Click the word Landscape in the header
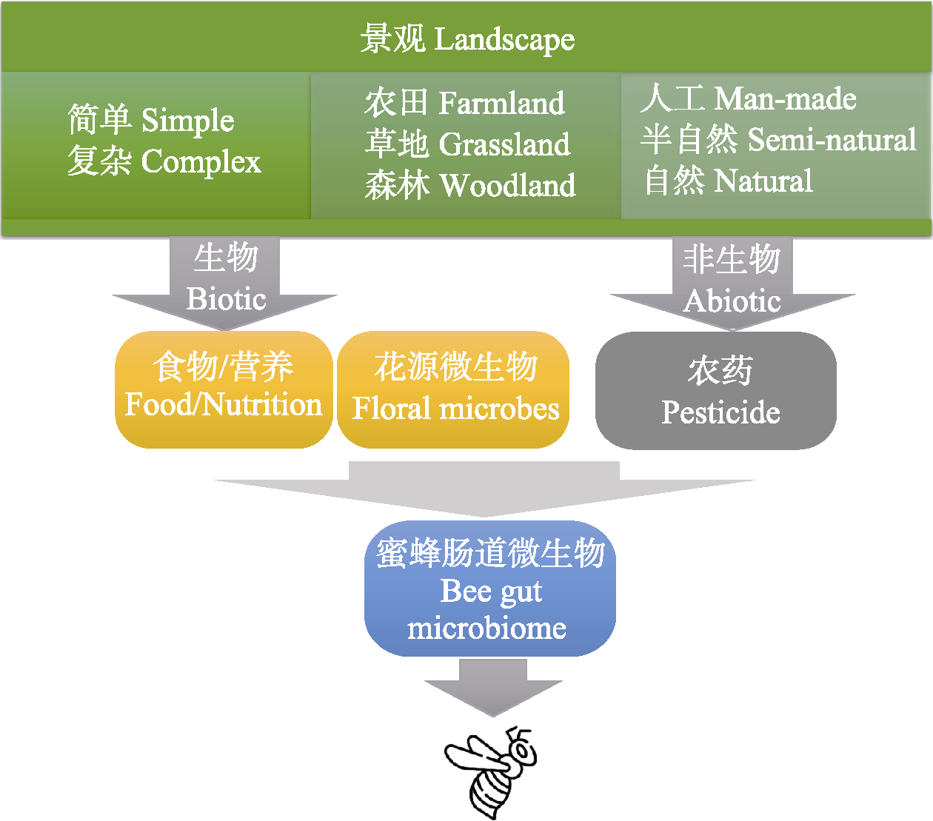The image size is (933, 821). tap(504, 39)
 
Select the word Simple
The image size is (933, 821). tap(187, 121)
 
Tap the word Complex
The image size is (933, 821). tap(201, 162)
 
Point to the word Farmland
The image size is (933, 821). tap(501, 103)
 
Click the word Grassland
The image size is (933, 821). tap(504, 144)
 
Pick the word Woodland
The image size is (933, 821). tap(508, 185)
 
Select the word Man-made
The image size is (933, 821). tap(785, 98)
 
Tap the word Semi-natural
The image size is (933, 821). tap(832, 139)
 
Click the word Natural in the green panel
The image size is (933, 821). tap(763, 181)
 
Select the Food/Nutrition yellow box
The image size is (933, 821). tap(224, 389)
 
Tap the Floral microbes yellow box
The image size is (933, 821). tap(453, 389)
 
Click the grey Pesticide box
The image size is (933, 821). tap(715, 390)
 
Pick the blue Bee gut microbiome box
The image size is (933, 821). tap(490, 589)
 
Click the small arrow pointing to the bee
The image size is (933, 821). tap(493, 688)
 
